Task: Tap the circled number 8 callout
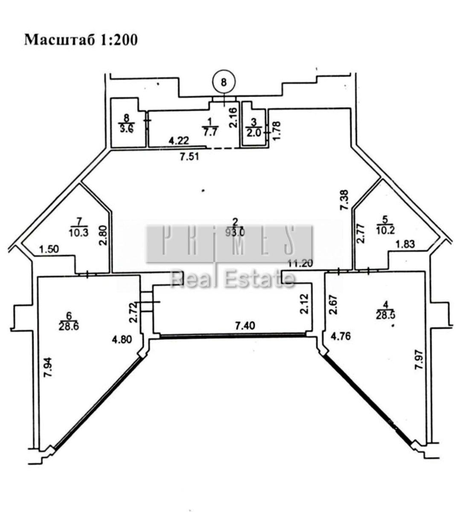[x=224, y=81]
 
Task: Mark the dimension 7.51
[x=189, y=157]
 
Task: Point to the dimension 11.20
[x=301, y=264]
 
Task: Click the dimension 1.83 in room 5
[x=405, y=244]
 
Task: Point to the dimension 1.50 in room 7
[x=48, y=249]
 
